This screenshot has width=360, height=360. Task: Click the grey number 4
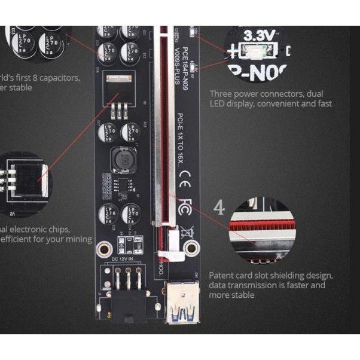tap(219, 208)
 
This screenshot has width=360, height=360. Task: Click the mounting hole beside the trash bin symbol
tap(191, 246)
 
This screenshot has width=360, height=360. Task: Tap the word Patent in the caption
tap(223, 276)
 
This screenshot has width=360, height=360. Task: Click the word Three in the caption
tap(222, 94)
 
